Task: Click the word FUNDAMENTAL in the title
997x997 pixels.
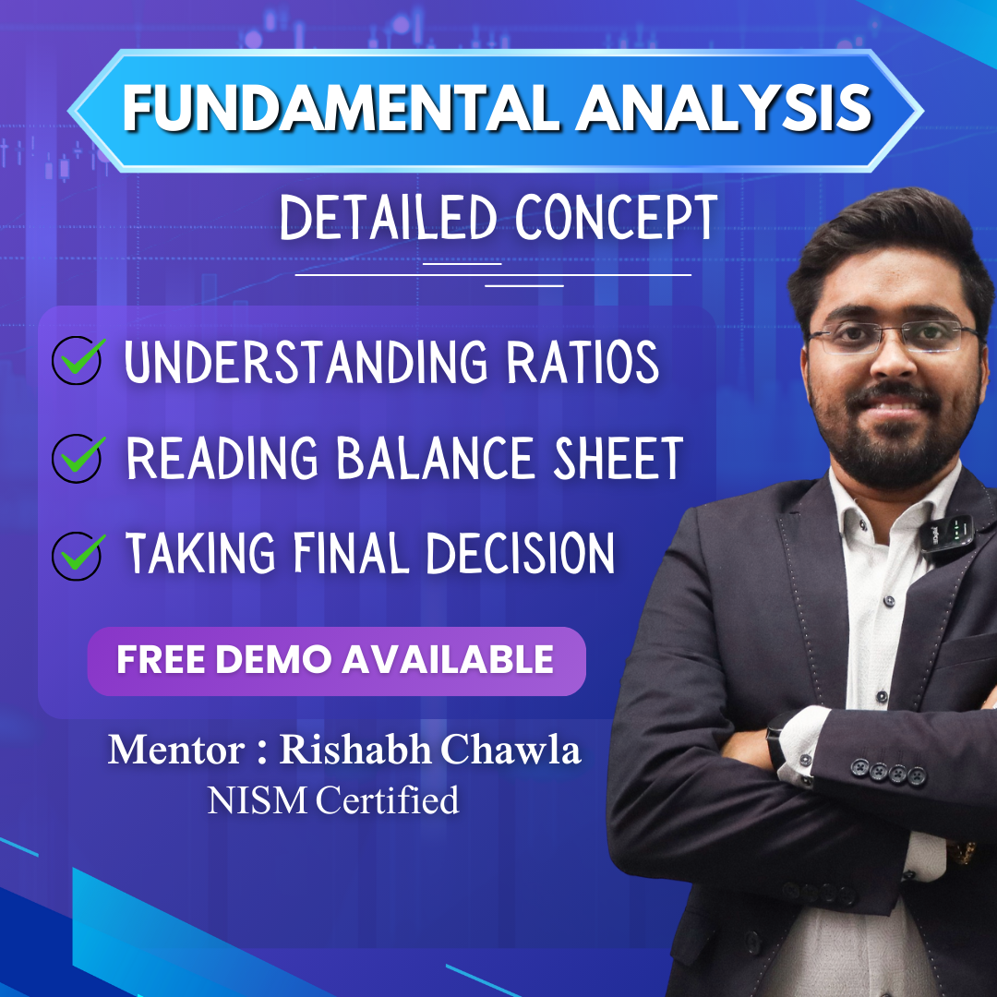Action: (x=341, y=108)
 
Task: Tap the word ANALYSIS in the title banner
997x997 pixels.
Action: (x=724, y=108)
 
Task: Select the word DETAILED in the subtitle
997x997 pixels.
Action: (x=389, y=218)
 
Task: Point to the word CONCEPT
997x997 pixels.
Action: (x=616, y=218)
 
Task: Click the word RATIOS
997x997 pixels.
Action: (x=583, y=362)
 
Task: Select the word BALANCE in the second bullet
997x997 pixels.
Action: (x=436, y=458)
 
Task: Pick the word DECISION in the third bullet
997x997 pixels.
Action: (x=520, y=553)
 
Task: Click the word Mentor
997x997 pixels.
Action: (x=176, y=751)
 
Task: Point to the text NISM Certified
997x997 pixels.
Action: (x=333, y=800)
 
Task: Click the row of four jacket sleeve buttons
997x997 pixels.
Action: (x=888, y=772)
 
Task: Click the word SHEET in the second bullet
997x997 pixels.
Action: (x=618, y=458)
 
